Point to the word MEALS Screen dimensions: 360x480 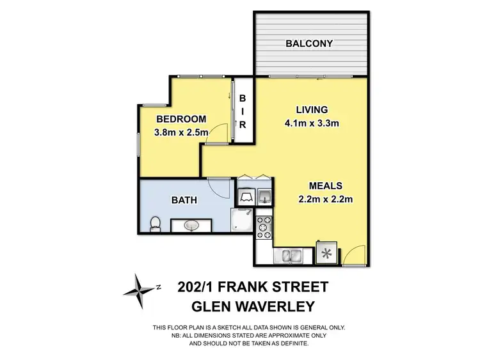[x=326, y=186]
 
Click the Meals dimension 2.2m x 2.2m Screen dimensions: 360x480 [x=326, y=200]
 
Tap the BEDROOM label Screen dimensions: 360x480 [x=181, y=119]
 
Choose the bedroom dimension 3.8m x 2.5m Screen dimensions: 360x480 [x=181, y=133]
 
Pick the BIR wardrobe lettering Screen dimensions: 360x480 [x=243, y=112]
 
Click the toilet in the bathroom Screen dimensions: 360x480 [x=154, y=224]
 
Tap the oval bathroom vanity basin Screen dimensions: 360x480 [x=190, y=226]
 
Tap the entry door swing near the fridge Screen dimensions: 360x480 [x=351, y=257]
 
